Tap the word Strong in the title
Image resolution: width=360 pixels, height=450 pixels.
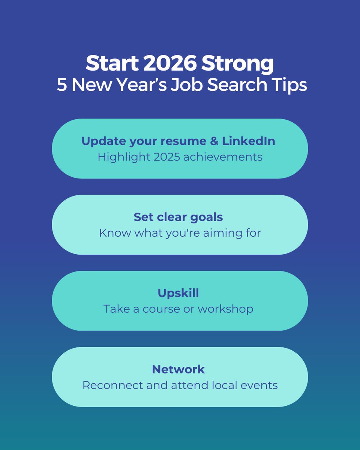click(x=238, y=64)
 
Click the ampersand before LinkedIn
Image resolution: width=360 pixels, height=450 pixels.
click(x=214, y=141)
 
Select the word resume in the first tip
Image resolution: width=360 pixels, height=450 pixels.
click(x=185, y=141)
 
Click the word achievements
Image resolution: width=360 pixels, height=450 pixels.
click(x=223, y=157)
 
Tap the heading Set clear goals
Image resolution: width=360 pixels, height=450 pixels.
click(x=178, y=217)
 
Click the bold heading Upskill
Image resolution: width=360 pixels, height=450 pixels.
click(x=178, y=293)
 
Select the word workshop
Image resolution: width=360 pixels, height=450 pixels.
click(x=225, y=309)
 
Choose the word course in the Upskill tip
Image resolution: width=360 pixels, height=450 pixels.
click(x=167, y=309)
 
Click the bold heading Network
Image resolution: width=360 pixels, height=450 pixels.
click(x=178, y=369)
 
